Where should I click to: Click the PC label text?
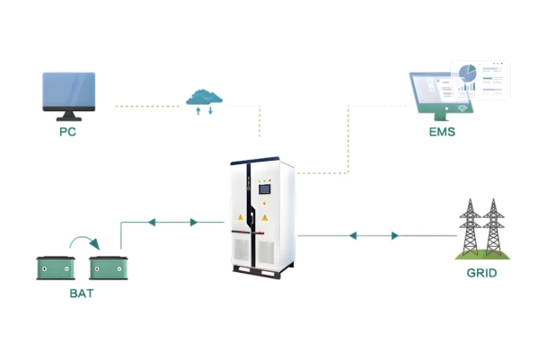click(x=67, y=132)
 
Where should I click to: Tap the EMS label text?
click(x=442, y=132)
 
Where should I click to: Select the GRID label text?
click(x=481, y=273)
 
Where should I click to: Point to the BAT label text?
click(x=82, y=294)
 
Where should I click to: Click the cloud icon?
click(x=204, y=97)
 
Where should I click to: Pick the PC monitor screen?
click(x=69, y=90)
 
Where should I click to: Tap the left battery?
click(x=56, y=268)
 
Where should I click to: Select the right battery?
click(x=109, y=268)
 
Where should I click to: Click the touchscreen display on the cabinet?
click(x=264, y=189)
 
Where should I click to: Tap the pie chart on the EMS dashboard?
click(x=467, y=73)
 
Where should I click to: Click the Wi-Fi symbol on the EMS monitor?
click(x=463, y=108)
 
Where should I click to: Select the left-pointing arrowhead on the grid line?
click(x=353, y=236)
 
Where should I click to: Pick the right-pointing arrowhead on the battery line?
click(x=194, y=223)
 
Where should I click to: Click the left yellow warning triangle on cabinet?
click(x=241, y=217)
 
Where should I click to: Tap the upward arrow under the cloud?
click(x=199, y=111)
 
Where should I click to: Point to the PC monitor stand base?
click(x=69, y=119)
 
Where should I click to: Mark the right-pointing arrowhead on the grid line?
click(x=395, y=236)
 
